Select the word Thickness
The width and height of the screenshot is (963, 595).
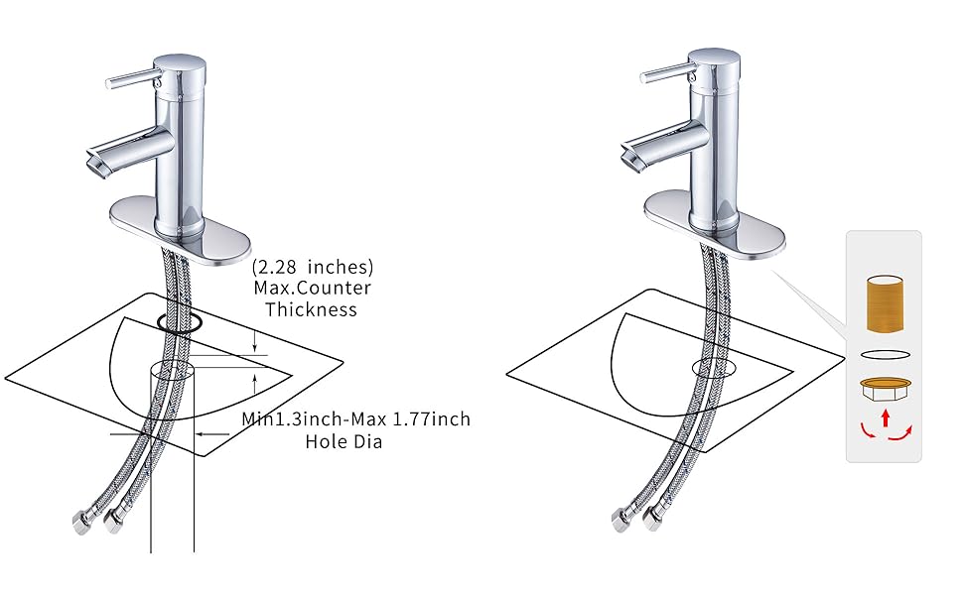coord(317,309)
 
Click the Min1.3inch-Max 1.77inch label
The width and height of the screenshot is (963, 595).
coord(356,419)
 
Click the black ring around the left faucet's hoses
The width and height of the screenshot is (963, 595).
coord(179,322)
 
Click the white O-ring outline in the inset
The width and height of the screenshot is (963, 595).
coord(884,354)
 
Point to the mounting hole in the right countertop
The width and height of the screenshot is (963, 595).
coord(714,367)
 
